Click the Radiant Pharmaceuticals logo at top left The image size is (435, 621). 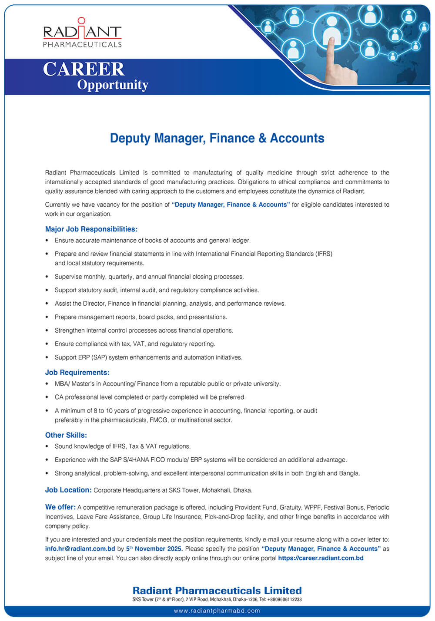pyautogui.click(x=82, y=33)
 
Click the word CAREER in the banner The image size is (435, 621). pyautogui.click(x=84, y=69)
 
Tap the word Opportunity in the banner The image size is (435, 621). pyautogui.click(x=113, y=85)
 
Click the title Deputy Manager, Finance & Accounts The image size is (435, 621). pyautogui.click(x=217, y=138)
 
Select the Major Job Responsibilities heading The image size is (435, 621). pyautogui.click(x=91, y=229)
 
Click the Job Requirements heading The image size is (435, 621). pyautogui.click(x=77, y=372)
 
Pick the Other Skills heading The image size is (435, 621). pyautogui.click(x=66, y=435)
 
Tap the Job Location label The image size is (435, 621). pyautogui.click(x=68, y=490)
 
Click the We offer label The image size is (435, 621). pyautogui.click(x=60, y=507)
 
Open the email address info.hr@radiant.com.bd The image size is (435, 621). pyautogui.click(x=80, y=548)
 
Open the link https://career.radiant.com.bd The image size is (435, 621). pyautogui.click(x=321, y=558)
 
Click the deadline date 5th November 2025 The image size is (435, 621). pyautogui.click(x=154, y=548)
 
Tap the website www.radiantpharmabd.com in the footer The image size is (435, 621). pyautogui.click(x=217, y=611)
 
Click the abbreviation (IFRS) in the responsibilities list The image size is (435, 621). pyautogui.click(x=324, y=254)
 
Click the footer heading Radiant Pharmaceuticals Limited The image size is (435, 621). pyautogui.click(x=217, y=590)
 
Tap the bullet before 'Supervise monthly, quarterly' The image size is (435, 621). pyautogui.click(x=47, y=277)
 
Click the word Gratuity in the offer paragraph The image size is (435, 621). pyautogui.click(x=291, y=507)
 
